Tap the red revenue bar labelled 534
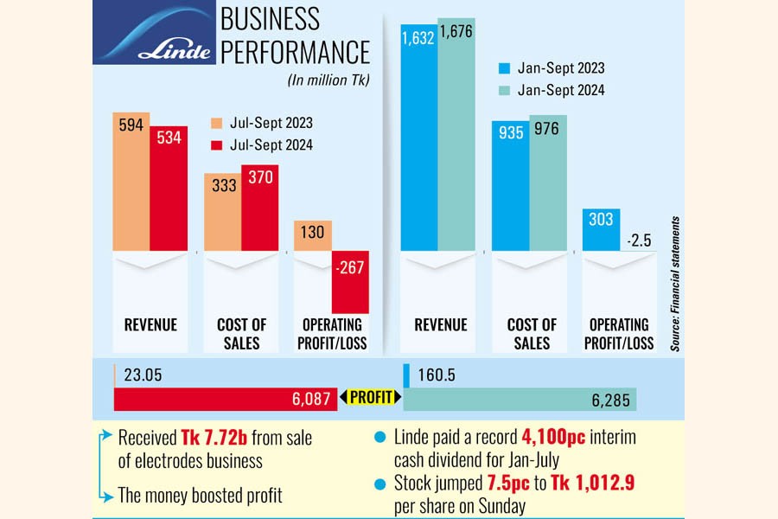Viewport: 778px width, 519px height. coord(169,190)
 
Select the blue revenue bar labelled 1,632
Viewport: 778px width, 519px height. coord(418,138)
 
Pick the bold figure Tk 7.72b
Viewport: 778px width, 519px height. coord(212,438)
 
